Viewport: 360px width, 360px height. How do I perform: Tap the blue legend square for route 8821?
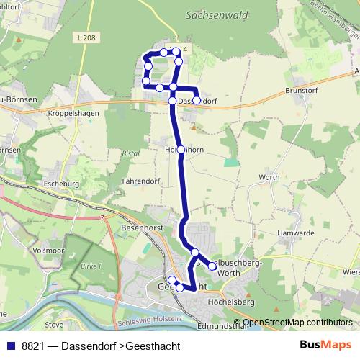coord(10,346)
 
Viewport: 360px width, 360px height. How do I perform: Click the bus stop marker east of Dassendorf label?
coord(196,100)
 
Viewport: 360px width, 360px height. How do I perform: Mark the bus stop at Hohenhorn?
coord(181,150)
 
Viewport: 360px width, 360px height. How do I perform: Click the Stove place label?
coord(54,325)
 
